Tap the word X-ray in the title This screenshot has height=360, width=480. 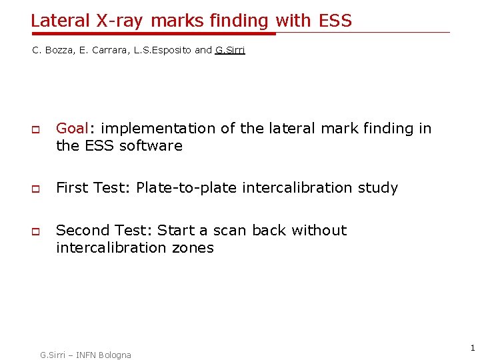pos(121,21)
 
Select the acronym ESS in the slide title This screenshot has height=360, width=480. pos(335,21)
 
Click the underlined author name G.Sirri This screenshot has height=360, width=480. pos(230,51)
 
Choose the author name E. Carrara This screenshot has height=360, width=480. pos(102,51)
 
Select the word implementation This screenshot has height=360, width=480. pos(158,128)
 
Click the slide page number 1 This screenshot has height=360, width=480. pos(472,348)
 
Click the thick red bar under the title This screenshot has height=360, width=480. pos(153,33)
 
